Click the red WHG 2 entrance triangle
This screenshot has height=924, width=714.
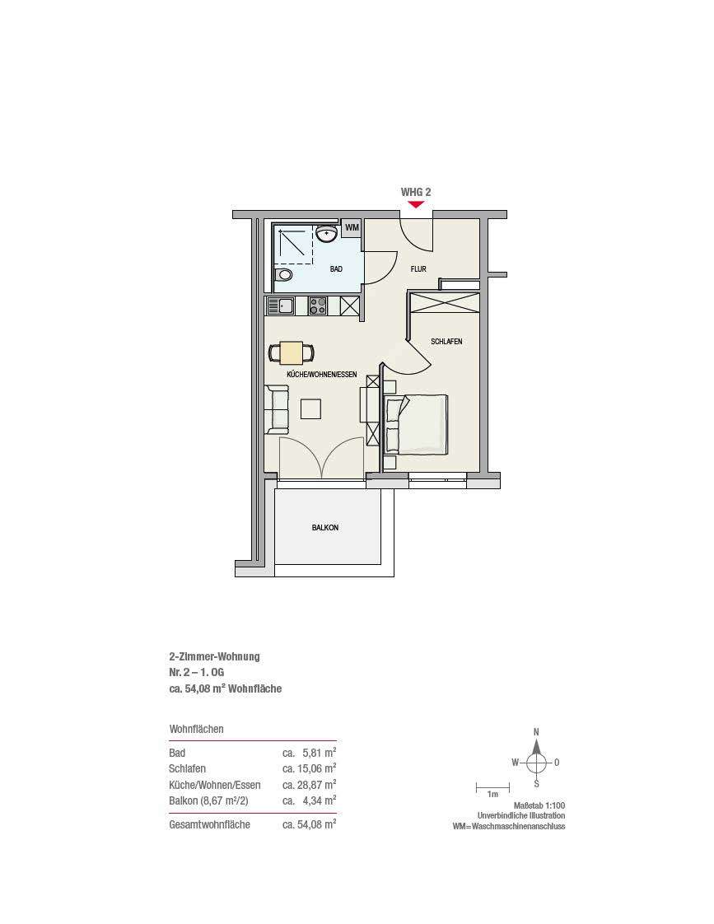[x=416, y=204]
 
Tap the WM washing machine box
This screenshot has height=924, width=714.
[x=352, y=227]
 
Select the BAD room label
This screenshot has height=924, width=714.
[x=336, y=269]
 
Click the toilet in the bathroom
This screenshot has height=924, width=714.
[x=284, y=274]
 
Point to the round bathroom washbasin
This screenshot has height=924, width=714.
[x=326, y=233]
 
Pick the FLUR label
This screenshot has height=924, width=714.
[x=418, y=269]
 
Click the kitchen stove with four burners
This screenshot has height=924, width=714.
[x=318, y=306]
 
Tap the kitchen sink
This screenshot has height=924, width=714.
[x=282, y=306]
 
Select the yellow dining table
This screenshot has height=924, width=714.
[x=292, y=353]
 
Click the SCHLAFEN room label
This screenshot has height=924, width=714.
[x=446, y=342]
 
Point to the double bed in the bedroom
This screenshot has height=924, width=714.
[x=417, y=424]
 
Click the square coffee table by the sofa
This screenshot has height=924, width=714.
[x=310, y=408]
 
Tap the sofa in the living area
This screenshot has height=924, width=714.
[x=277, y=409]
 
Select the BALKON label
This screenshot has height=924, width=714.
[x=325, y=528]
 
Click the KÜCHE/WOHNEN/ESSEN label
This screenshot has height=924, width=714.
[x=322, y=375]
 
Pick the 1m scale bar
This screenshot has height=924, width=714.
[x=492, y=786]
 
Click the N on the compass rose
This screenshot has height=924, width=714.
[x=536, y=732]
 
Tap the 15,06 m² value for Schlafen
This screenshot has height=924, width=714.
[x=310, y=768]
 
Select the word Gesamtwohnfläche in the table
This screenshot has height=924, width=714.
[x=210, y=825]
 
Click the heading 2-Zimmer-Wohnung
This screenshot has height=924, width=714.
[x=214, y=656]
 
